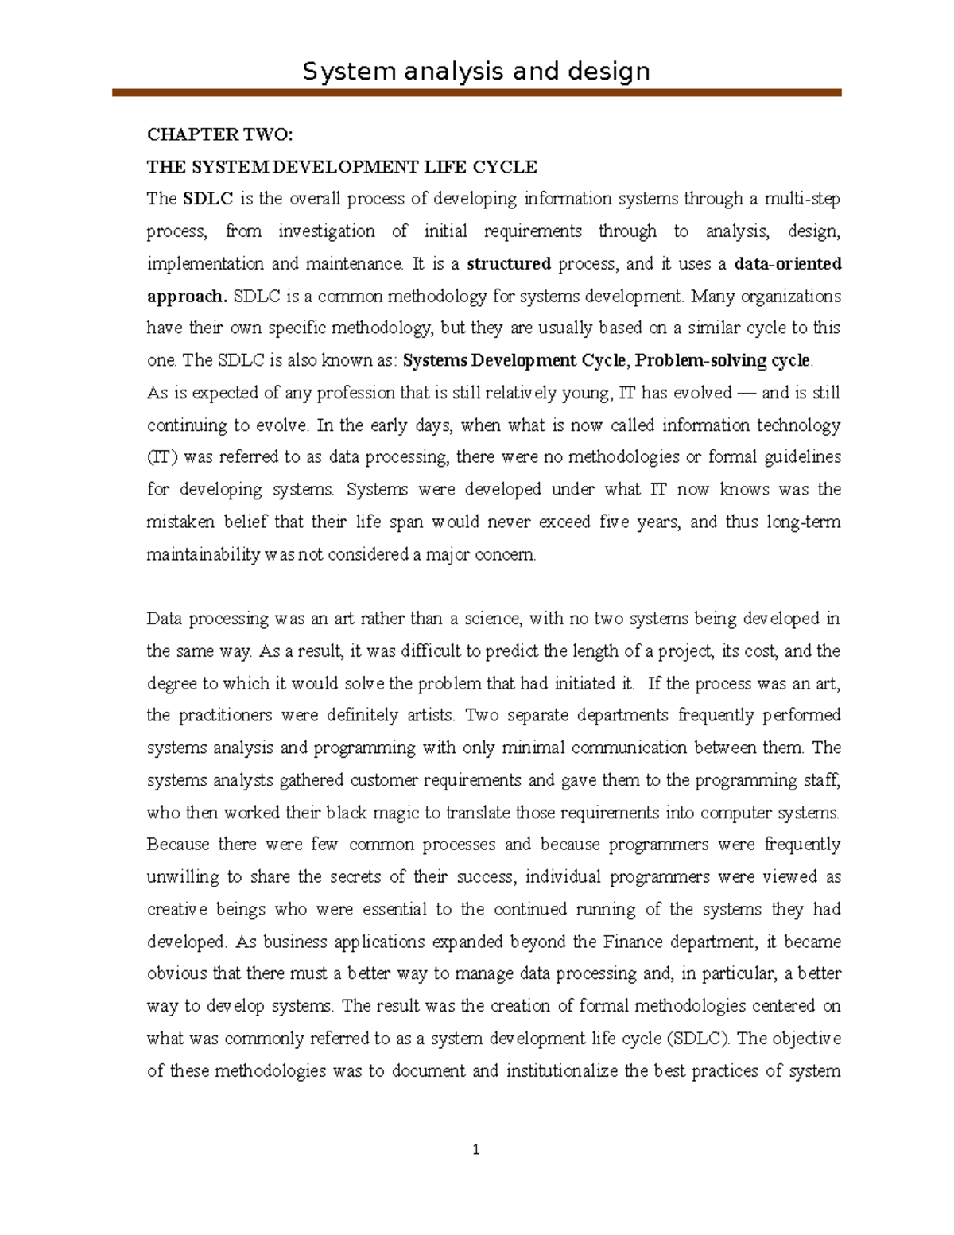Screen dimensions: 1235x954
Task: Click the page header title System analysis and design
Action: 476,72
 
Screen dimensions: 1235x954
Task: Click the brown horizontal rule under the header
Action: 476,93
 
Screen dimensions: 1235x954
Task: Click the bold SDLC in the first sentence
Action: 207,199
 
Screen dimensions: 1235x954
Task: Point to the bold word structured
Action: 509,263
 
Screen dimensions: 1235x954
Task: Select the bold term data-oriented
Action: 788,263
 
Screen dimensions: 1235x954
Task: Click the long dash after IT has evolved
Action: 747,393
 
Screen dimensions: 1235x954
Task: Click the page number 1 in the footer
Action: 476,1149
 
